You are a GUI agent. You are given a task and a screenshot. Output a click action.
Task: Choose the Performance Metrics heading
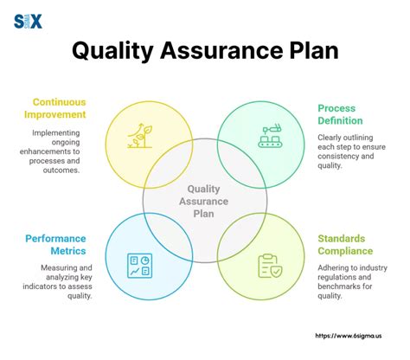55,245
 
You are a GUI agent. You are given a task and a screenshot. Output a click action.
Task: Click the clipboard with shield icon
270,265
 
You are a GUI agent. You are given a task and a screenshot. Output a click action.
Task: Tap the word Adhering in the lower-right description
338,269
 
